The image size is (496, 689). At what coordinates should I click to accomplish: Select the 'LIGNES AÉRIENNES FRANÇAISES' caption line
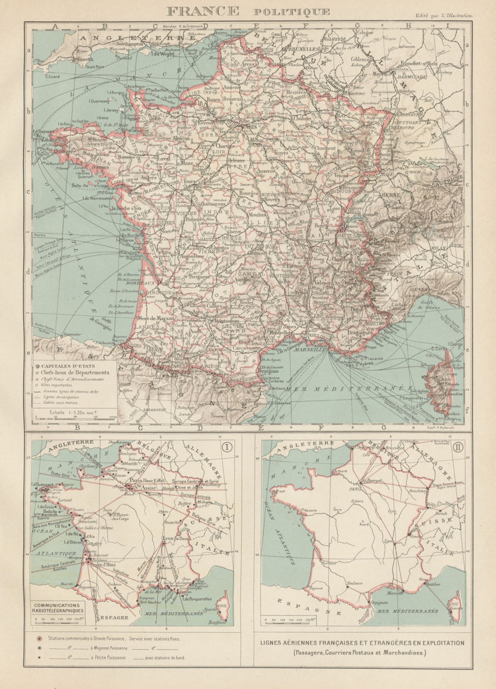(362, 643)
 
